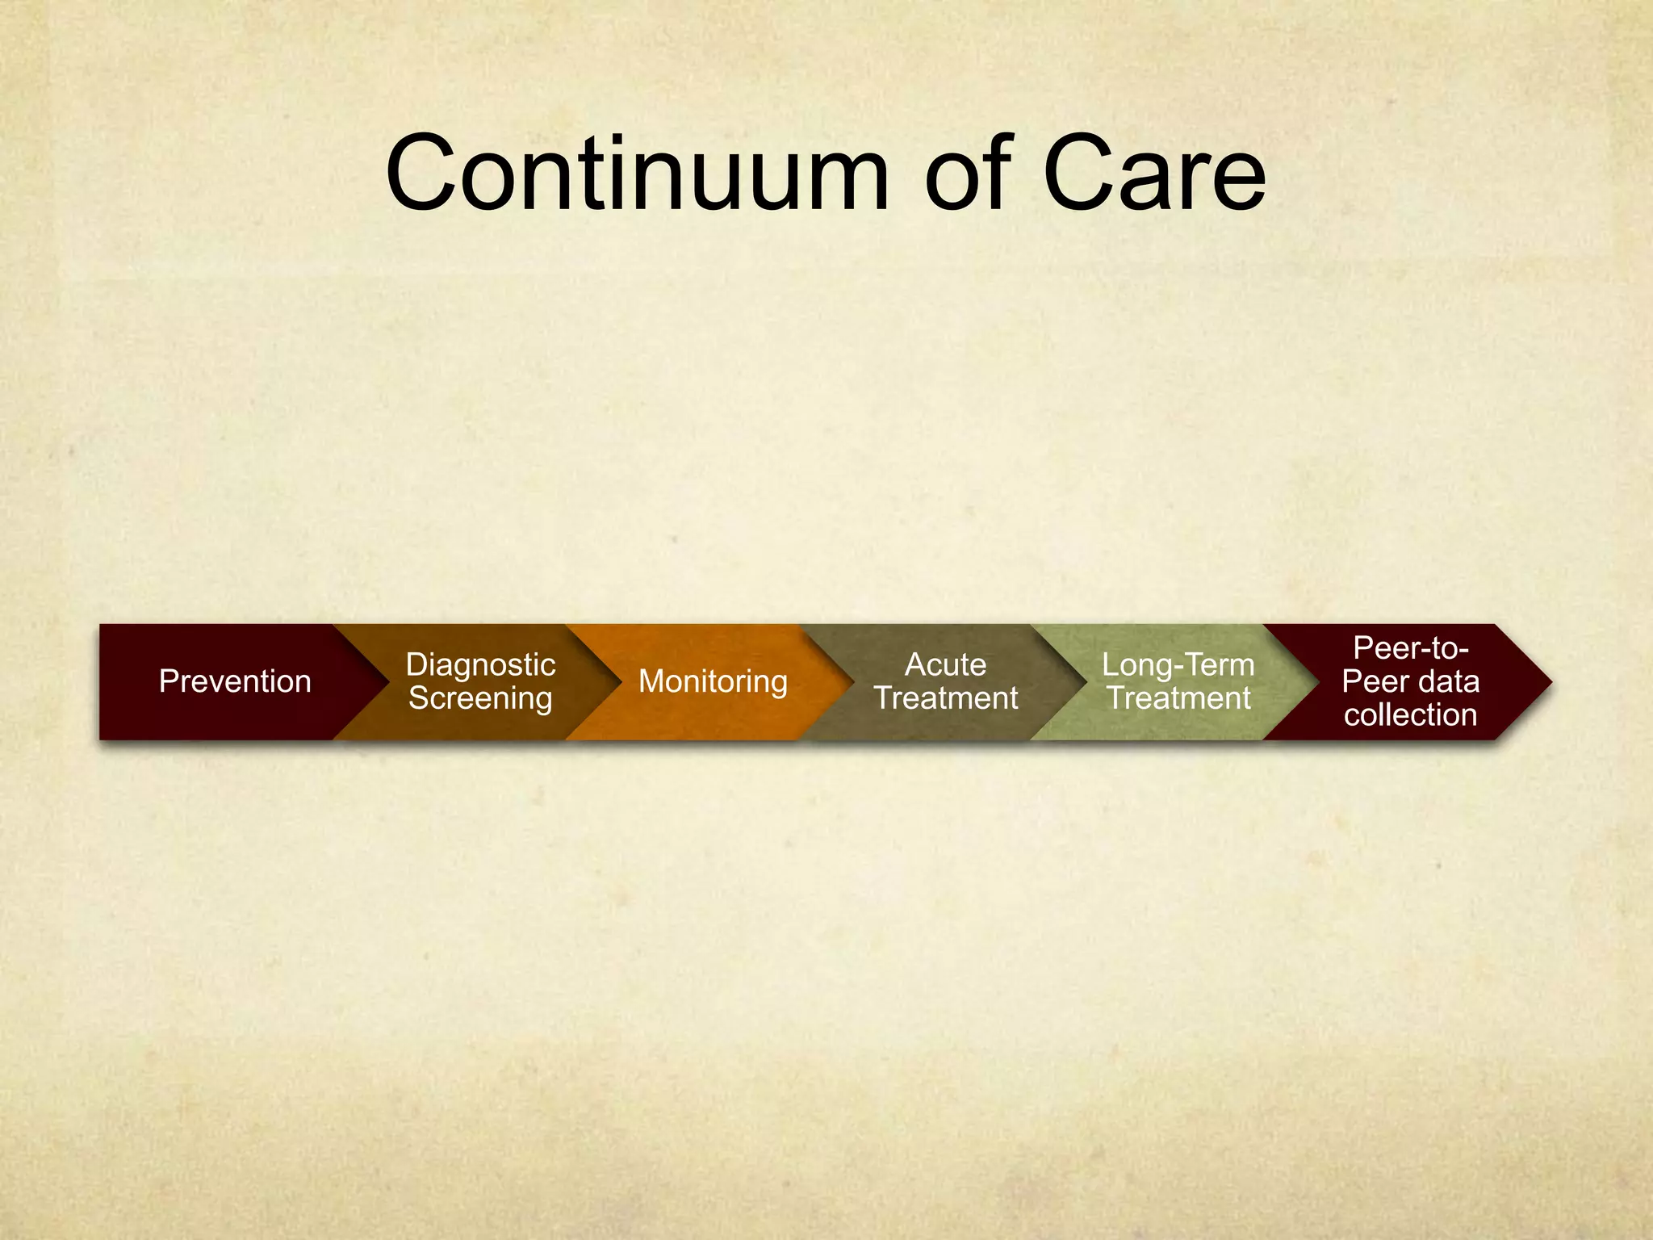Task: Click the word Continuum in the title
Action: [x=638, y=174]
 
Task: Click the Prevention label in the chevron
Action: [x=235, y=681]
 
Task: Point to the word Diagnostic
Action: [x=480, y=664]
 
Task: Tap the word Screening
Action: [x=480, y=698]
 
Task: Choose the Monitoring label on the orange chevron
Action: [x=713, y=681]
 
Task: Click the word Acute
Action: [x=945, y=664]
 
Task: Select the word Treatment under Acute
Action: [x=945, y=698]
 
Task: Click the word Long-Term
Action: [x=1178, y=664]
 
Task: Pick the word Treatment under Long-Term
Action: [x=1178, y=698]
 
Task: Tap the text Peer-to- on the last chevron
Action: [x=1410, y=647]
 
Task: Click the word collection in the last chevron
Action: [x=1410, y=715]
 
